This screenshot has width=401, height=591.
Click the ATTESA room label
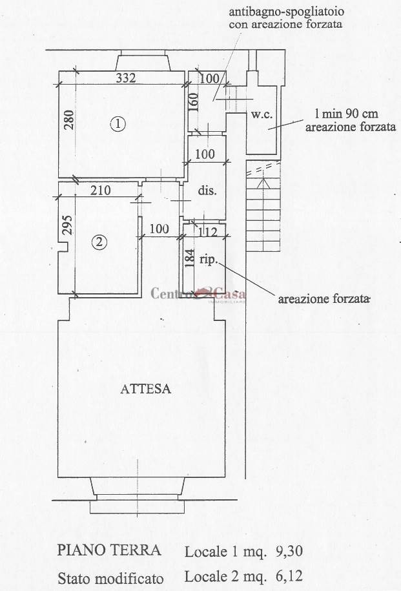click(145, 389)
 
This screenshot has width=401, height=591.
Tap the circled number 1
click(118, 123)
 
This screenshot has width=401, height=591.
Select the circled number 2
click(99, 242)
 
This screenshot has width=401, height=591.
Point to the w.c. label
click(262, 114)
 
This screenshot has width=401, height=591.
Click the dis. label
click(207, 191)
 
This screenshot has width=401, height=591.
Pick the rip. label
click(208, 260)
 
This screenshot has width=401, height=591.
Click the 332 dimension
click(126, 78)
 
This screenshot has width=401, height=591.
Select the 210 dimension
click(101, 191)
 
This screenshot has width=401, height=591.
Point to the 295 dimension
click(67, 225)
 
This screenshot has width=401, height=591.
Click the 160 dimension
click(192, 102)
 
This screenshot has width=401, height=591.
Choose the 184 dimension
click(190, 258)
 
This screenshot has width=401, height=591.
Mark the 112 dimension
click(208, 231)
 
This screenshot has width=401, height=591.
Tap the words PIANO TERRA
click(109, 550)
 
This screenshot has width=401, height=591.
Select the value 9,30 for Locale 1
click(289, 552)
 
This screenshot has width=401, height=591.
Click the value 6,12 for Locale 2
click(289, 576)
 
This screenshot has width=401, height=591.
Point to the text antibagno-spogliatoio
click(287, 12)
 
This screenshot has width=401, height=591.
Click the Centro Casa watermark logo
click(198, 295)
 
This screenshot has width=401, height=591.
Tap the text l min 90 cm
click(346, 114)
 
